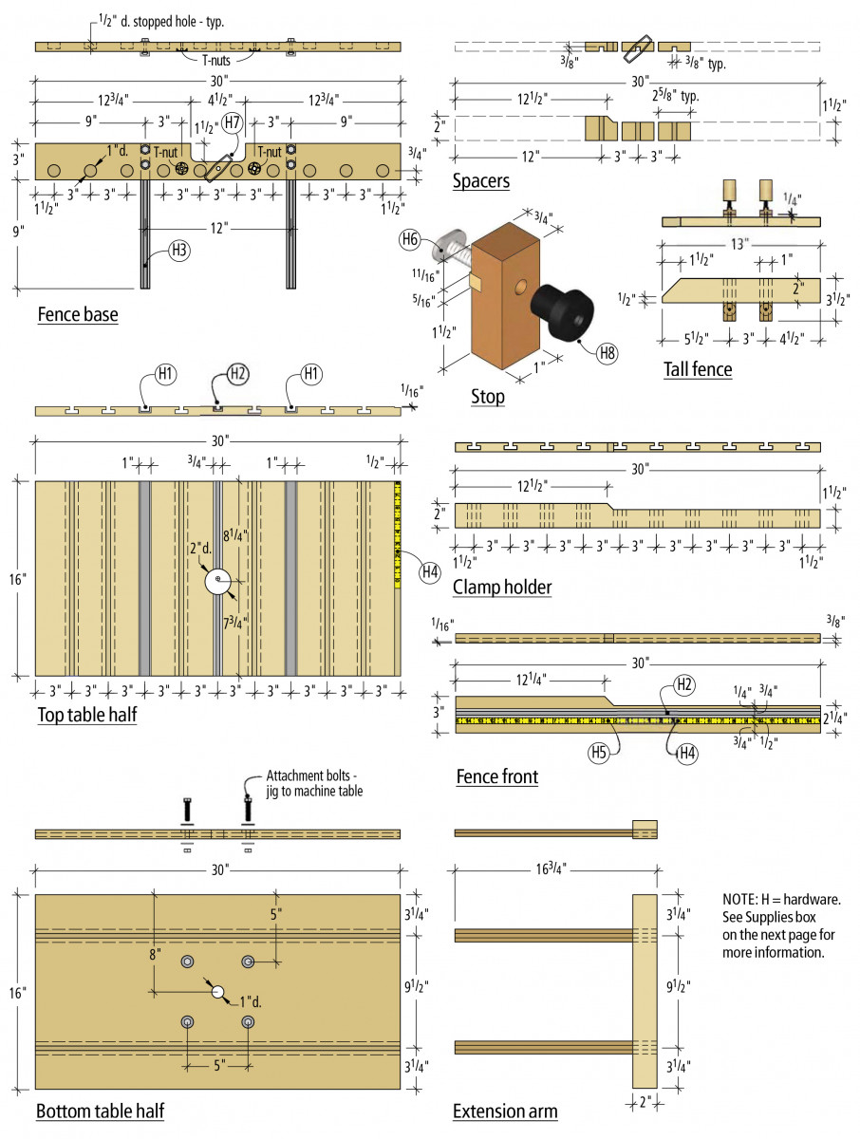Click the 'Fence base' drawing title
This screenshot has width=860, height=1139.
click(78, 315)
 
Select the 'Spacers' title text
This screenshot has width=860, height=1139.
click(481, 181)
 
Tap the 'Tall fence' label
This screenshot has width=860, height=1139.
click(698, 369)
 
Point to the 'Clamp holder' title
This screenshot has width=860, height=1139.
click(502, 588)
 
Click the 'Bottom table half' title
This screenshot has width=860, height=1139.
click(100, 1111)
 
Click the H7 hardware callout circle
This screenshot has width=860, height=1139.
click(232, 122)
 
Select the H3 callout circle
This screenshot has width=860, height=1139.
click(178, 251)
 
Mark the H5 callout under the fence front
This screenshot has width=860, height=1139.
click(599, 753)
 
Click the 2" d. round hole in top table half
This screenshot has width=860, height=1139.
click(217, 581)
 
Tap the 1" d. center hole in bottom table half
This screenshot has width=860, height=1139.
click(217, 992)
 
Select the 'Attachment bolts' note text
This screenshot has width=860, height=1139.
click(314, 783)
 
